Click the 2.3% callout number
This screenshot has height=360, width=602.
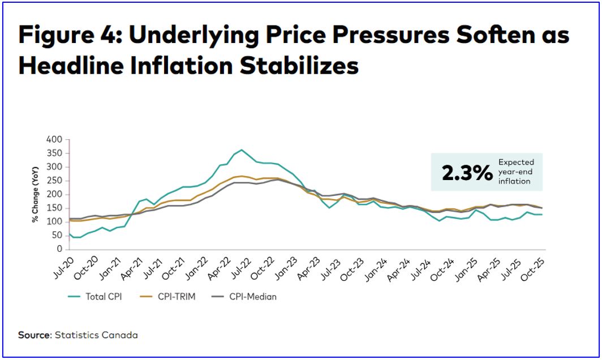click(467, 173)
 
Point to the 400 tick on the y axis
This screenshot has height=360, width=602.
click(54, 139)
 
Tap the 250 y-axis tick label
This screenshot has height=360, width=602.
click(54, 181)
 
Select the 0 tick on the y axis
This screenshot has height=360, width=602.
click(59, 250)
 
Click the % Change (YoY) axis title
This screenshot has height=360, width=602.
click(36, 194)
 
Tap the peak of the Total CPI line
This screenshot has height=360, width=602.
click(242, 150)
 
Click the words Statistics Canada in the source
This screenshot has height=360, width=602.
click(96, 335)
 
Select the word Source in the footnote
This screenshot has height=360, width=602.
click(35, 335)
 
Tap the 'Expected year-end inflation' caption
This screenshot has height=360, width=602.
click(515, 172)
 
